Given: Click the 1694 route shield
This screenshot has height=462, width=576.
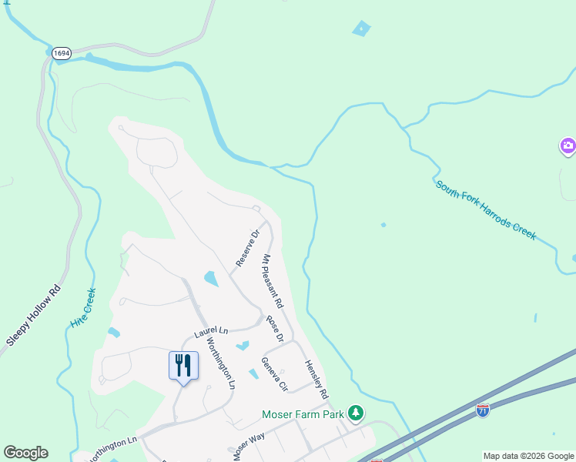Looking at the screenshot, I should (62, 53).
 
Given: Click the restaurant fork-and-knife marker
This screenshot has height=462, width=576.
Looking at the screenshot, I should (183, 366).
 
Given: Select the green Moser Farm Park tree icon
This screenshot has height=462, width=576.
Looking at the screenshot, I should (356, 413).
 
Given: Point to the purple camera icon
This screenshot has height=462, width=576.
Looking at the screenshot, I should (568, 146).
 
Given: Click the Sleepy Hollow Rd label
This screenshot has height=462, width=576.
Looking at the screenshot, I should (33, 315).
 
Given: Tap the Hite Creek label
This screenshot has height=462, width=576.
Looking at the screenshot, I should (82, 308).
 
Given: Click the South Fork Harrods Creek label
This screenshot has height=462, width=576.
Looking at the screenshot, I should (485, 209).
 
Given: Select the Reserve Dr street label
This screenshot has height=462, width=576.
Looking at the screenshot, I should (249, 248).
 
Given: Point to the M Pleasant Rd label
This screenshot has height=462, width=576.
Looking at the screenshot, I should (273, 280).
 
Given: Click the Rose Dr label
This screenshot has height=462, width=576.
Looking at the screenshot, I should (275, 328).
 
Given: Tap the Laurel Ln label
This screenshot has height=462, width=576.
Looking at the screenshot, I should (211, 332).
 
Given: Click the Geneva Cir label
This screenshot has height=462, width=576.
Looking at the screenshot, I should (274, 374).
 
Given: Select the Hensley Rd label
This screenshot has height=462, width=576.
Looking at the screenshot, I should (316, 378).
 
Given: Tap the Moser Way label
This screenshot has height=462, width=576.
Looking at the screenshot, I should (247, 444).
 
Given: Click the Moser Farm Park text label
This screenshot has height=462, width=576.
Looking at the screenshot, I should (302, 414).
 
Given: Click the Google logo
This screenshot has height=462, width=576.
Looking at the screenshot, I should (25, 453).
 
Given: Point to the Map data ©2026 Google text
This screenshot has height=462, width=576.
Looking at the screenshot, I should (528, 456).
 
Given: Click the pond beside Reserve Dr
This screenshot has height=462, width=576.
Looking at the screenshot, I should (210, 277).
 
